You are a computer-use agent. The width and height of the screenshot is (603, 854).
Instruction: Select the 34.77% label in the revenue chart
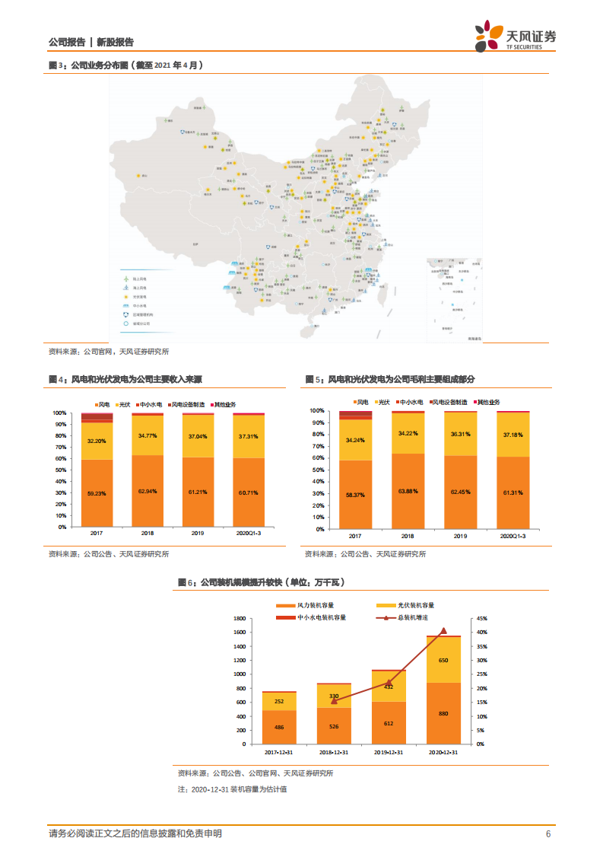pyautogui.click(x=147, y=435)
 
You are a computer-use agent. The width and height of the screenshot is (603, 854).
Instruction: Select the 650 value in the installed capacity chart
pyautogui.click(x=443, y=660)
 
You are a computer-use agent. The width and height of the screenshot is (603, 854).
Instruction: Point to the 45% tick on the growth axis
pyautogui.click(x=482, y=618)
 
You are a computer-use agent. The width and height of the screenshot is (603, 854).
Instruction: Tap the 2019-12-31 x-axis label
pyautogui.click(x=389, y=752)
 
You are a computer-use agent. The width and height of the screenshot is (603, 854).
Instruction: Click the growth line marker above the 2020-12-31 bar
pyautogui.click(x=443, y=631)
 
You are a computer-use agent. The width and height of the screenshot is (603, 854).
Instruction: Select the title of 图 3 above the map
pyautogui.click(x=126, y=65)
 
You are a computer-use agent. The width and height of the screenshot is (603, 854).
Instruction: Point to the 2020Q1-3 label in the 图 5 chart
pyautogui.click(x=514, y=537)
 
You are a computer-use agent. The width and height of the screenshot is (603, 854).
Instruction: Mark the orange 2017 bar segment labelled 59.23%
pyautogui.click(x=97, y=492)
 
